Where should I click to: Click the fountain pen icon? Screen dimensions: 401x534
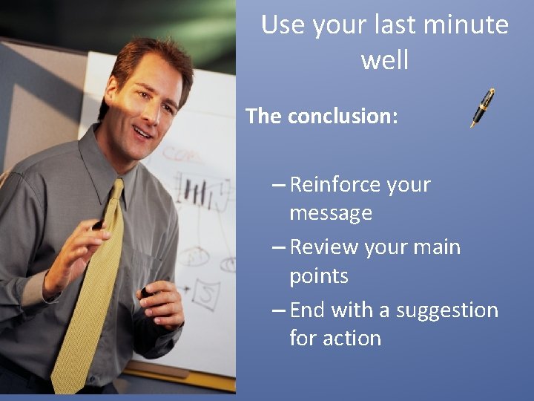coord(482,108)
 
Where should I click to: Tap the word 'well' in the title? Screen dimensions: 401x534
coord(384,59)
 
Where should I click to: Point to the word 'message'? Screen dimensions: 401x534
coord(330,214)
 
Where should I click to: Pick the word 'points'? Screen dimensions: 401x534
coord(318,276)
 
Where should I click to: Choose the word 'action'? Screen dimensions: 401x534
coord(357,339)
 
